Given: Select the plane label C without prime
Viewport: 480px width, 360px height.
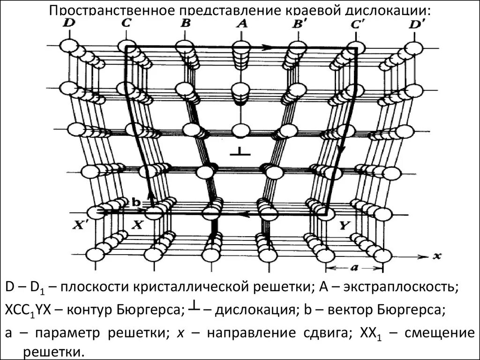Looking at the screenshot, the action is tap(126, 23).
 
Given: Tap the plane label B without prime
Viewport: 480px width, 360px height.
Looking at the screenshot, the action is tap(185, 23).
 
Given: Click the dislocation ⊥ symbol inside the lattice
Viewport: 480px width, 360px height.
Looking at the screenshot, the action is tap(240, 151).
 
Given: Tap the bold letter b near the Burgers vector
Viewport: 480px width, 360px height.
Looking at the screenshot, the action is tap(136, 203).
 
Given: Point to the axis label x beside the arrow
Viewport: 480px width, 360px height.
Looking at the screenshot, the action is tap(437, 256).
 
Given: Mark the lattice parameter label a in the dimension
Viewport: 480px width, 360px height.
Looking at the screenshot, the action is tap(355, 267).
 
